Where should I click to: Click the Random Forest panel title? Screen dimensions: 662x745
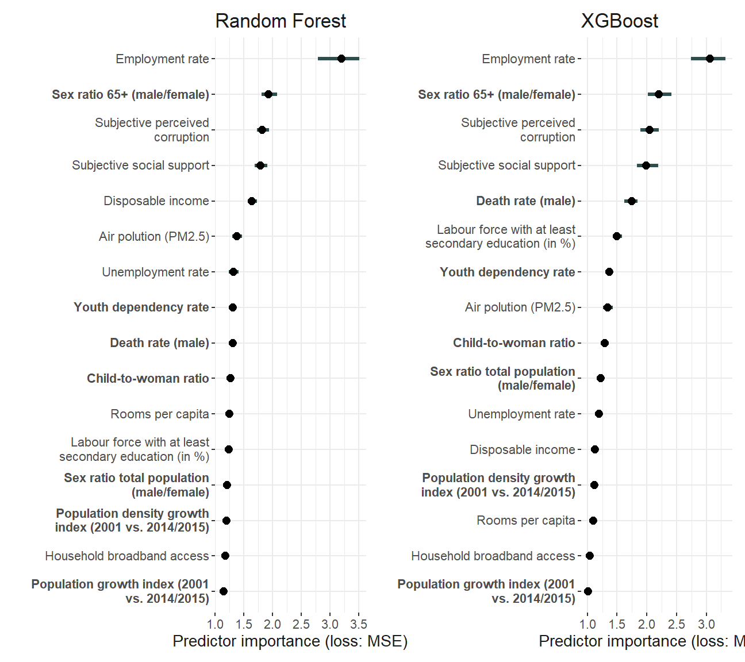[x=281, y=21]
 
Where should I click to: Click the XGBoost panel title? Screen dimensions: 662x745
[x=619, y=21]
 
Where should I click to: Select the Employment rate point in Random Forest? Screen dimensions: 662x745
[x=341, y=59]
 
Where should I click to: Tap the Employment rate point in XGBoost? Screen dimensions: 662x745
[x=710, y=59]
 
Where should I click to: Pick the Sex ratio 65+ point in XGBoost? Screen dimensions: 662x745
[x=659, y=94]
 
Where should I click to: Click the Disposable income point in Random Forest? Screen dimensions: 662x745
[x=252, y=201]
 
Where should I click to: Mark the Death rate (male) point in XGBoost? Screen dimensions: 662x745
[x=632, y=201]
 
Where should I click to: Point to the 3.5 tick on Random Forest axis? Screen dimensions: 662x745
[x=359, y=625]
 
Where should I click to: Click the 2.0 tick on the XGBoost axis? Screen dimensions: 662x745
[x=647, y=625]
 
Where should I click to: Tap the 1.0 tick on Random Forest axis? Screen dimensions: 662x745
[x=215, y=625]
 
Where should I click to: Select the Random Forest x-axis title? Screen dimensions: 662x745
[x=290, y=641]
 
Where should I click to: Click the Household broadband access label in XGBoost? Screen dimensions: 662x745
[x=493, y=556]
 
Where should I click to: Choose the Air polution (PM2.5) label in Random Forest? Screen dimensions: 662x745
[x=154, y=237]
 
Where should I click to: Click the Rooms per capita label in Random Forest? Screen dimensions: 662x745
[x=160, y=414]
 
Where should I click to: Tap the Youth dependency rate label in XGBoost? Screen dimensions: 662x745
[x=507, y=272]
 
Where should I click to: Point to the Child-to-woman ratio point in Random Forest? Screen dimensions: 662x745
[x=231, y=378]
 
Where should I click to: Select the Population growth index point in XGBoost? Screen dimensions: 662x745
[x=587, y=591]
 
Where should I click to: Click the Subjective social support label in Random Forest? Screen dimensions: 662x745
[x=140, y=165]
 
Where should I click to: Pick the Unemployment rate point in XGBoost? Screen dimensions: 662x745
[x=599, y=414]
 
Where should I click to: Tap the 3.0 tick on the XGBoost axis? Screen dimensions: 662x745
[x=706, y=625]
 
